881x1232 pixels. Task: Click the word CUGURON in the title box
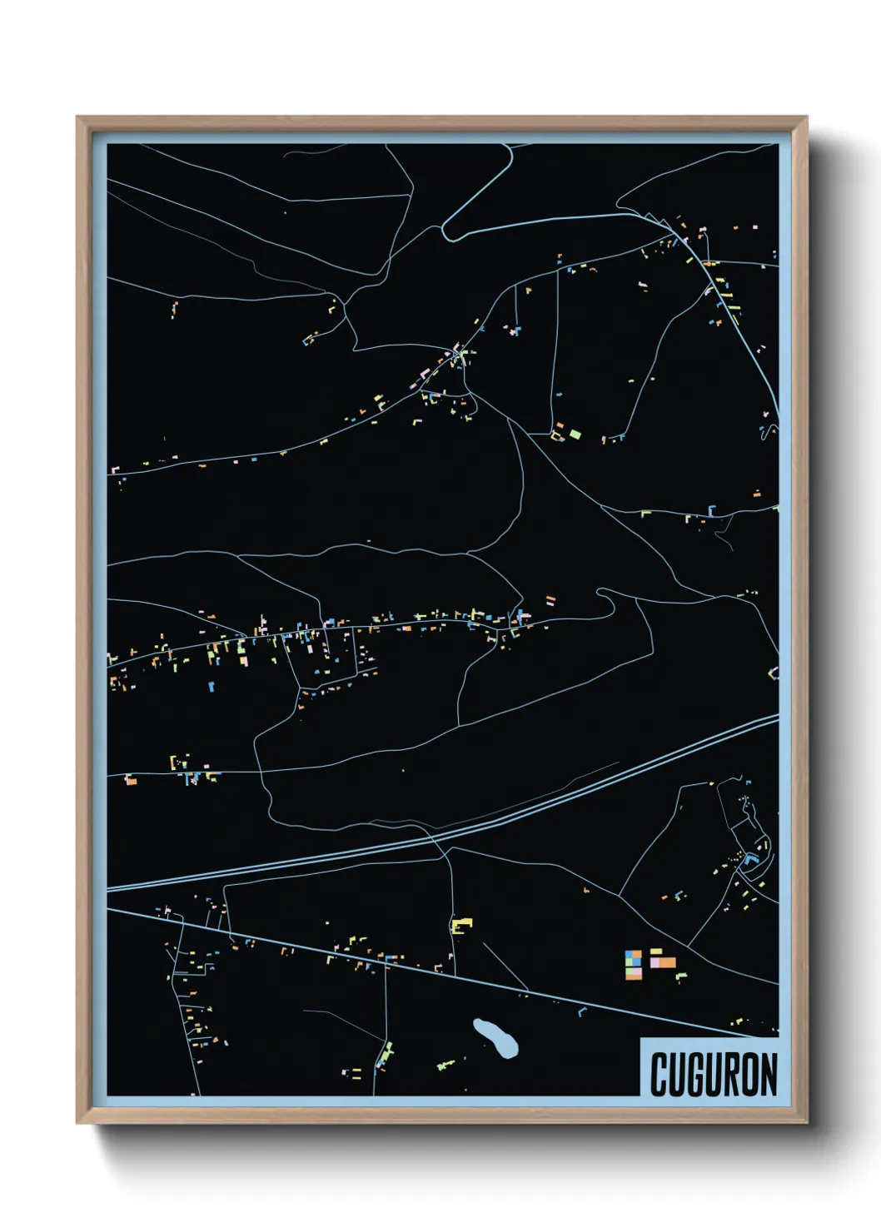pyautogui.click(x=714, y=1074)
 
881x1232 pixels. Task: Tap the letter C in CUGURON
pyautogui.click(x=659, y=1075)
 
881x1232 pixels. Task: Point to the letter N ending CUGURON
pyautogui.click(x=769, y=1075)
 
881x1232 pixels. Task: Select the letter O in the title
pyautogui.click(x=750, y=1075)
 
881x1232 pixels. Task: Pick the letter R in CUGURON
pyautogui.click(x=732, y=1075)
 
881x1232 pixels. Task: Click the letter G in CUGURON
pyautogui.click(x=695, y=1075)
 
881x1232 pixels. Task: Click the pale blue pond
pyautogui.click(x=496, y=1037)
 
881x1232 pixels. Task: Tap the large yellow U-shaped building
pyautogui.click(x=461, y=925)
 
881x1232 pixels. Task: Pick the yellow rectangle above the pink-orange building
pyautogui.click(x=656, y=951)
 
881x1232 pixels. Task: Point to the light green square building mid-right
pyautogui.click(x=575, y=434)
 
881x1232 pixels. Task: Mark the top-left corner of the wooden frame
pyautogui.click(x=77, y=117)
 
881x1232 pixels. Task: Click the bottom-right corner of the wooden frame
pyautogui.click(x=806, y=1123)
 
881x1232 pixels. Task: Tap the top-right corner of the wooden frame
pyautogui.click(x=806, y=117)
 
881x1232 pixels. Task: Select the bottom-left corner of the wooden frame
pyautogui.click(x=77, y=1123)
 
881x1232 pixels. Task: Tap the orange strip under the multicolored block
pyautogui.click(x=634, y=975)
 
